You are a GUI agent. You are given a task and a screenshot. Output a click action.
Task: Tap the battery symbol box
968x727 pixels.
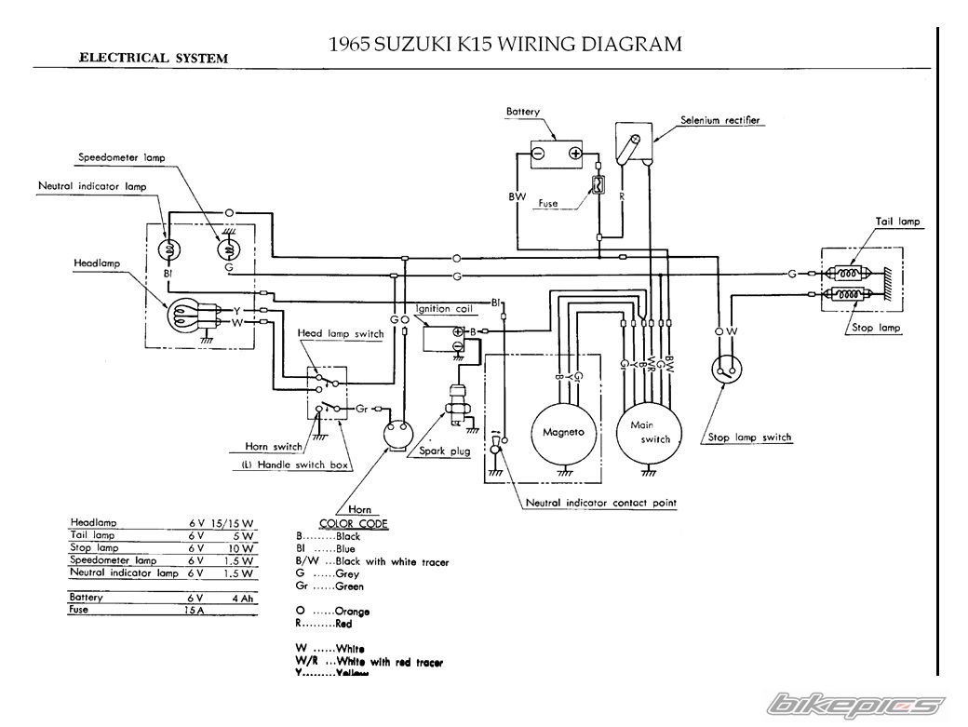[556, 154]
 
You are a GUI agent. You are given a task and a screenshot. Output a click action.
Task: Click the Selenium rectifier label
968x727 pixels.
[719, 120]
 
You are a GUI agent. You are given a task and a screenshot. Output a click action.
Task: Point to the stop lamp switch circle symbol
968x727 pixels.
[726, 369]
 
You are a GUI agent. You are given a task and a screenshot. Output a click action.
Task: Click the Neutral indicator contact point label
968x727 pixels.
[600, 503]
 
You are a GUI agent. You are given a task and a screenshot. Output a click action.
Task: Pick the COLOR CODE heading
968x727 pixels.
[354, 524]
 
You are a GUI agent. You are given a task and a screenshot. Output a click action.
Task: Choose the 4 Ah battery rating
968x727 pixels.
[243, 597]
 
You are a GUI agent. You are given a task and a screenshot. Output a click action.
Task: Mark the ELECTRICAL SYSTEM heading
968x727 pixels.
[153, 57]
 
